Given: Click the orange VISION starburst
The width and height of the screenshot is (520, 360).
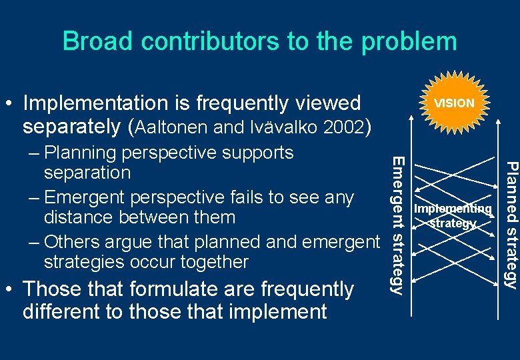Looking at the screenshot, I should point(454,103).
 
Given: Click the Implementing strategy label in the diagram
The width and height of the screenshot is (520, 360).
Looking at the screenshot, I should point(453,216).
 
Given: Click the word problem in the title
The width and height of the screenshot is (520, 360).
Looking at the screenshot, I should point(409,41).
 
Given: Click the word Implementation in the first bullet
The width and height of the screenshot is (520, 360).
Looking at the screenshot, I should point(97,103).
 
